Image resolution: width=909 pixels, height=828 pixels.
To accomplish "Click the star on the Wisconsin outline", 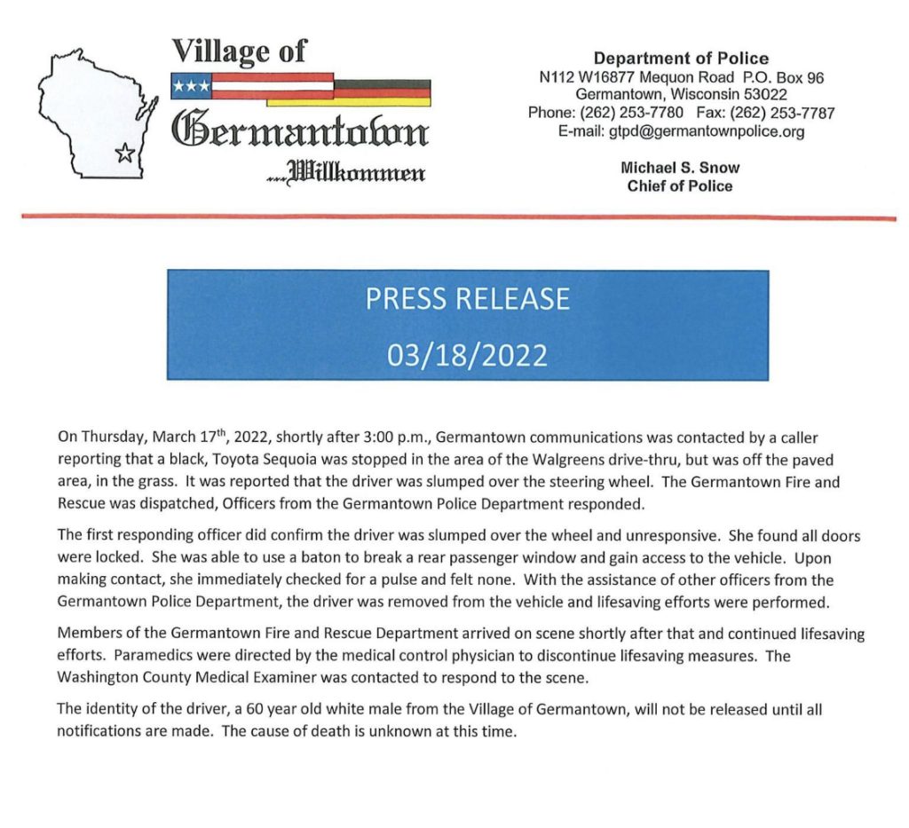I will [x=124, y=154].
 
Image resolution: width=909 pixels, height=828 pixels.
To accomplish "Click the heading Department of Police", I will [x=681, y=59].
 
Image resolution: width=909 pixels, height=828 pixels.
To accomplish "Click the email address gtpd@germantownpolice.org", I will [x=706, y=131].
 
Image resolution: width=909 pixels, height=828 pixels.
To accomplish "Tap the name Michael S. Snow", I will [x=680, y=167].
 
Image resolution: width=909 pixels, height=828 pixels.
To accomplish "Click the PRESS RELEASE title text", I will [x=467, y=299].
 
